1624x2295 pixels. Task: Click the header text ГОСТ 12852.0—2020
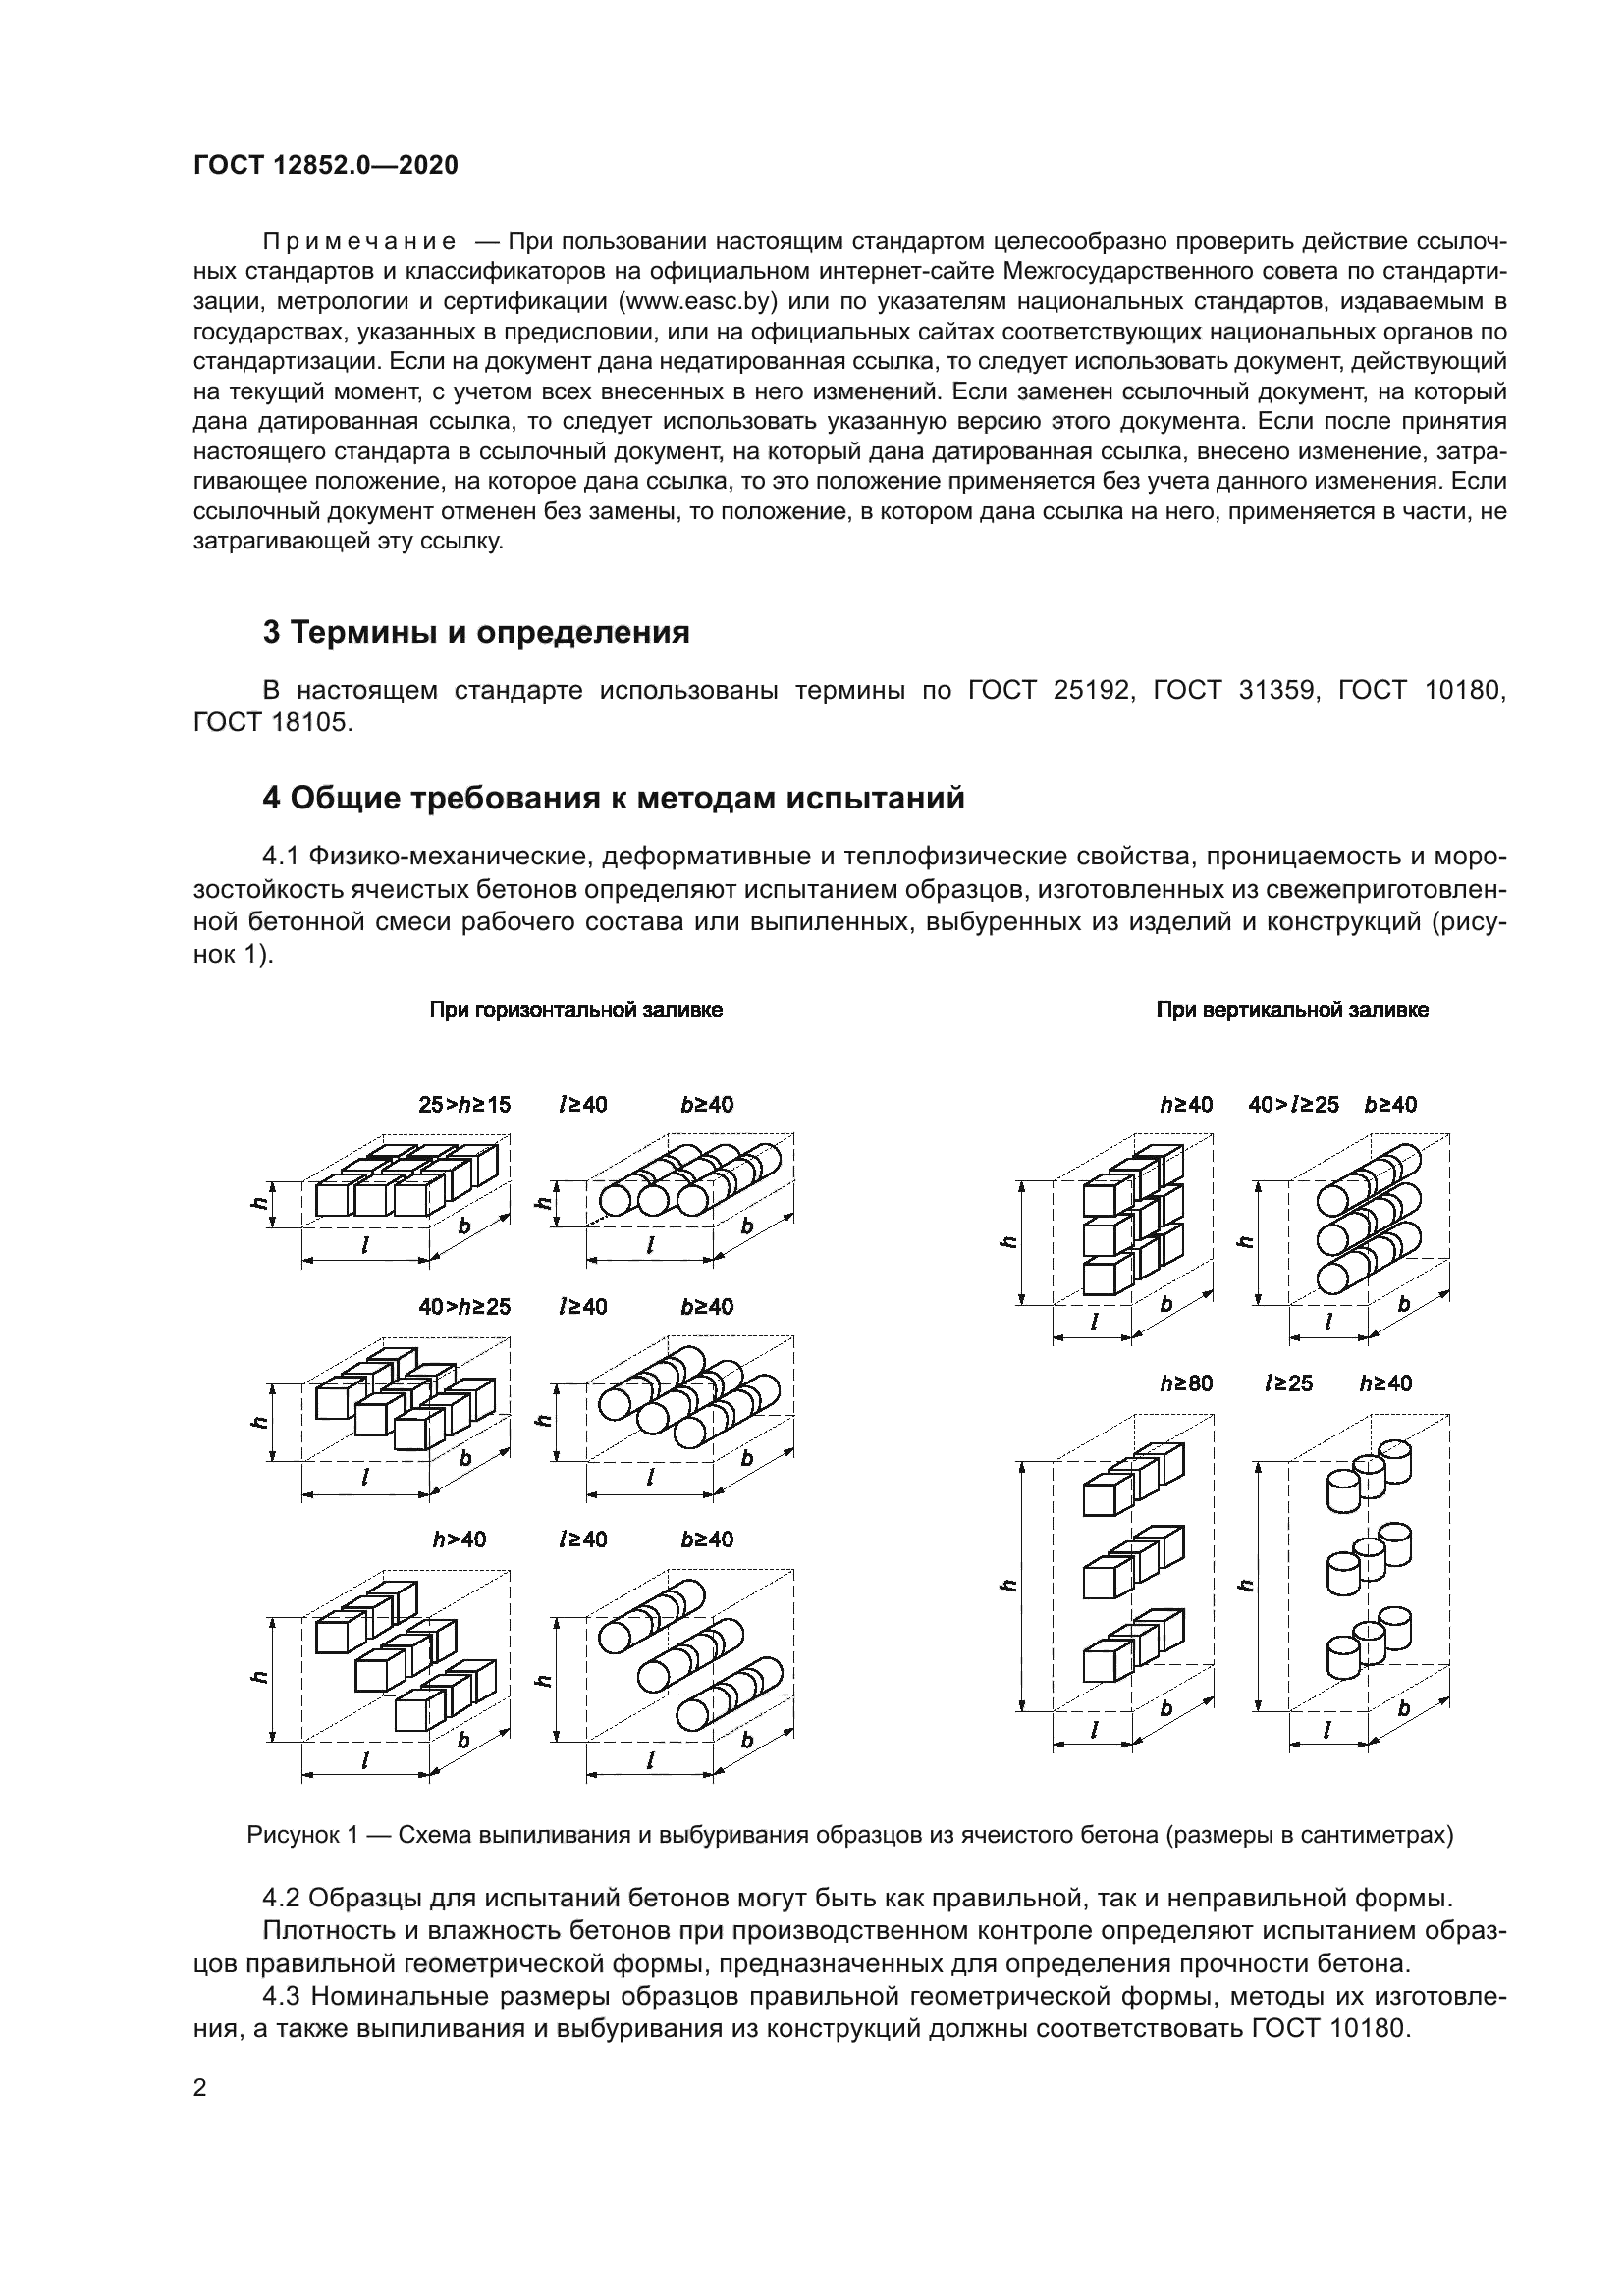(325, 166)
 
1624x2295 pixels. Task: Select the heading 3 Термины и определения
(476, 632)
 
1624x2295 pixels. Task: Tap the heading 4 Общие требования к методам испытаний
(613, 799)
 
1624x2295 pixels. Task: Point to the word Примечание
(359, 241)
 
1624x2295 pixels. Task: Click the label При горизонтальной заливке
(576, 1010)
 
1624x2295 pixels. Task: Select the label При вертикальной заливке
(1292, 1010)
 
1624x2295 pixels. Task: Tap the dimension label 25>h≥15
(464, 1105)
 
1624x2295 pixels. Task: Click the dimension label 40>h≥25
(464, 1306)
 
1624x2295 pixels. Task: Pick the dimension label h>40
(459, 1539)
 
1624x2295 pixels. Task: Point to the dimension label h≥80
(1186, 1383)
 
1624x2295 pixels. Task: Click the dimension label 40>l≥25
(1293, 1105)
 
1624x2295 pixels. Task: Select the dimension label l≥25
(1288, 1383)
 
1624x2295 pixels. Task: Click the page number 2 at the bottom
(200, 2087)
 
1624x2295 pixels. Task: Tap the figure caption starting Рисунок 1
(850, 1835)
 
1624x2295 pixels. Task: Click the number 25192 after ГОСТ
(1094, 690)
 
